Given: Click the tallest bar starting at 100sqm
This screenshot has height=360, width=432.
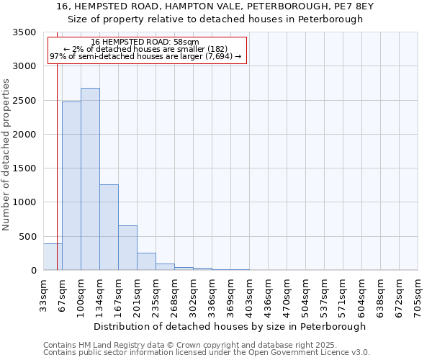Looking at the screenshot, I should pos(90,179).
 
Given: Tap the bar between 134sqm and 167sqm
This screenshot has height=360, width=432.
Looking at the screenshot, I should pos(109,228).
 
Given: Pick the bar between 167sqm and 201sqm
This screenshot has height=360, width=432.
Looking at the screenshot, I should pos(127,248).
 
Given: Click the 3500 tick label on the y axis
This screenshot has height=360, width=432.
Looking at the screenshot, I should pos(24,32).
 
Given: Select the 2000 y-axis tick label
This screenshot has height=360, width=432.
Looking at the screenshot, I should pos(24,135).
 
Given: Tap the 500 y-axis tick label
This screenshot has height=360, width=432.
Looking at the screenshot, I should pos(27,237).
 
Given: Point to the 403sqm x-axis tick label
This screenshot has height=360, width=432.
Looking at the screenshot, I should pos(249,295).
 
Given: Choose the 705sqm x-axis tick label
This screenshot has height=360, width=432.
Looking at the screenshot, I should pos(418,295).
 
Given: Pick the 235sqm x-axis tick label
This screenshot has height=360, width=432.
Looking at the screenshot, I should pos(156,295).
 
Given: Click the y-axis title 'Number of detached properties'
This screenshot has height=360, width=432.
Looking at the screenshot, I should pos(6,156).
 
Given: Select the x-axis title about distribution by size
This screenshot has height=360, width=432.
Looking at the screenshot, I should pos(230,326).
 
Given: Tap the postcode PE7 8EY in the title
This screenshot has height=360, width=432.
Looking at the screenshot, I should pos(354,6).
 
